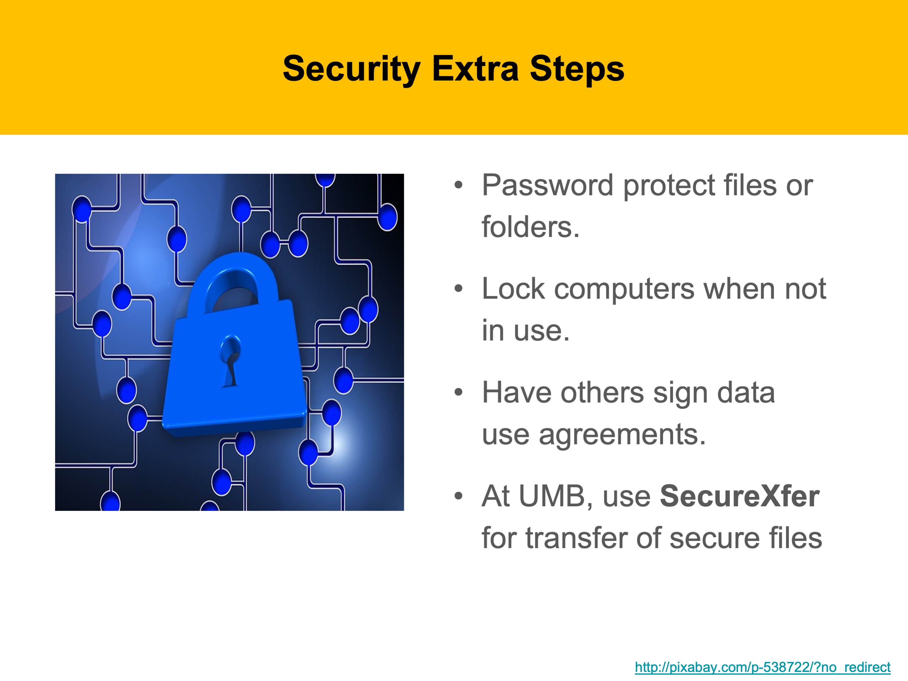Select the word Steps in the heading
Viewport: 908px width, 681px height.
tap(577, 69)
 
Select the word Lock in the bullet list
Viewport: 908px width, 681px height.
tap(513, 289)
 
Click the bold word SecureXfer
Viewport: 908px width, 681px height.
tap(740, 496)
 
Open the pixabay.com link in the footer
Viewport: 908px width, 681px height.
tap(763, 667)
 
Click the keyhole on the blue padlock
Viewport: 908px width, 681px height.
tap(231, 361)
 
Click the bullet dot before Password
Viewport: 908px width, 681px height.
tap(458, 185)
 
